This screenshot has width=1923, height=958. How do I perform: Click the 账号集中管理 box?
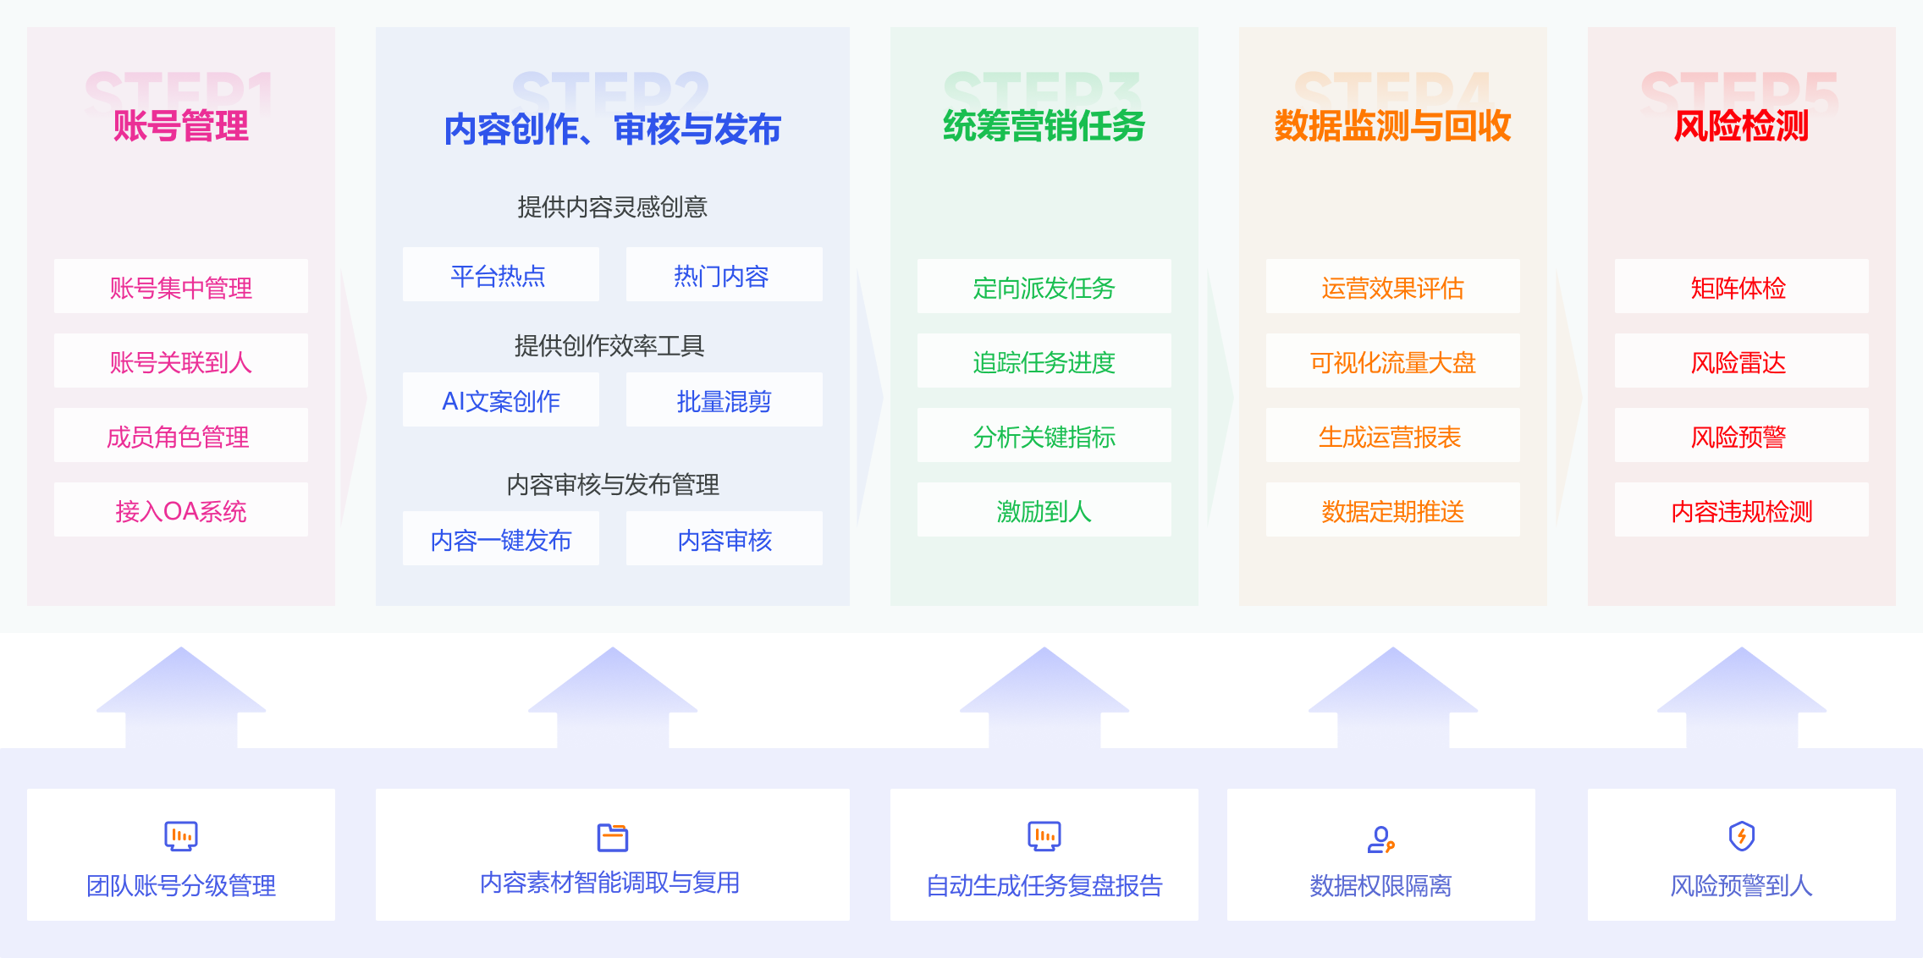180,287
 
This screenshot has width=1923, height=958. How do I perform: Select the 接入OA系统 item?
180,510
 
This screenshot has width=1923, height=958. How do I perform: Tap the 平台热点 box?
500,275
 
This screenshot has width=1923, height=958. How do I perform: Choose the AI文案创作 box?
500,400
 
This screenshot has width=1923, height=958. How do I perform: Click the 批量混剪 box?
724,400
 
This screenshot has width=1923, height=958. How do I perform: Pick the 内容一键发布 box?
500,539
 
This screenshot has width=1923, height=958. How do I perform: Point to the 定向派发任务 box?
1044,287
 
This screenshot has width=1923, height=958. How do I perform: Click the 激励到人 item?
1044,510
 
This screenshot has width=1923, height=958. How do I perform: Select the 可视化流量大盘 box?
1392,361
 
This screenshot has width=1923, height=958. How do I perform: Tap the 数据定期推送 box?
1392,510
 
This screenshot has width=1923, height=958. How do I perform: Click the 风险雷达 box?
1741,361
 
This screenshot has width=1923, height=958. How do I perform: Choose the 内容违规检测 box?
1741,510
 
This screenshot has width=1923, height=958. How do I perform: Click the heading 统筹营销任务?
1044,126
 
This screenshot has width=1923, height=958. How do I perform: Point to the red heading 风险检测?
1741,126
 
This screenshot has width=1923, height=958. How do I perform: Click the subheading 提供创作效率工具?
609,345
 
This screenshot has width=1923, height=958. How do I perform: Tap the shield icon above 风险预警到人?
1741,836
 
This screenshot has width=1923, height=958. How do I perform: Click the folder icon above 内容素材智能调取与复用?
612,837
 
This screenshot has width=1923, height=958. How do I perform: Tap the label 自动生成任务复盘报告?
1044,885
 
